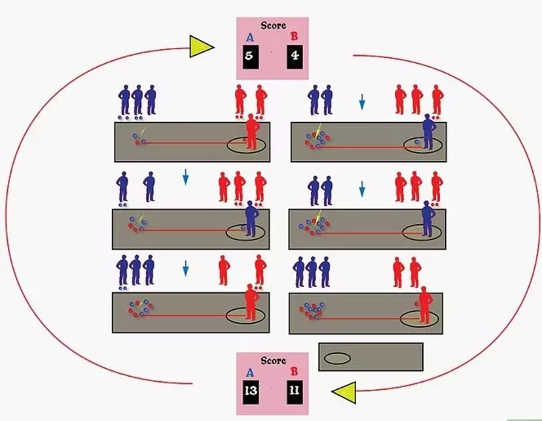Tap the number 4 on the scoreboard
pyautogui.click(x=295, y=57)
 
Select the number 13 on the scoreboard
pyautogui.click(x=251, y=392)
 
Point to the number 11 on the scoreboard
pyautogui.click(x=295, y=392)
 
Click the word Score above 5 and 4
pyautogui.click(x=273, y=25)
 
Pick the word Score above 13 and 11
pyautogui.click(x=273, y=361)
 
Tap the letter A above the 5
pyautogui.click(x=250, y=37)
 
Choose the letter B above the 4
pyautogui.click(x=295, y=37)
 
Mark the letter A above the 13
pyautogui.click(x=250, y=373)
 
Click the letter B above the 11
pyautogui.click(x=295, y=373)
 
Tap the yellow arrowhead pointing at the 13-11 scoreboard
pyautogui.click(x=344, y=392)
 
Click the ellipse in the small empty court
pyautogui.click(x=337, y=357)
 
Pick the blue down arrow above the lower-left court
pyautogui.click(x=185, y=268)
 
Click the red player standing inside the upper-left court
pyautogui.click(x=251, y=133)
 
